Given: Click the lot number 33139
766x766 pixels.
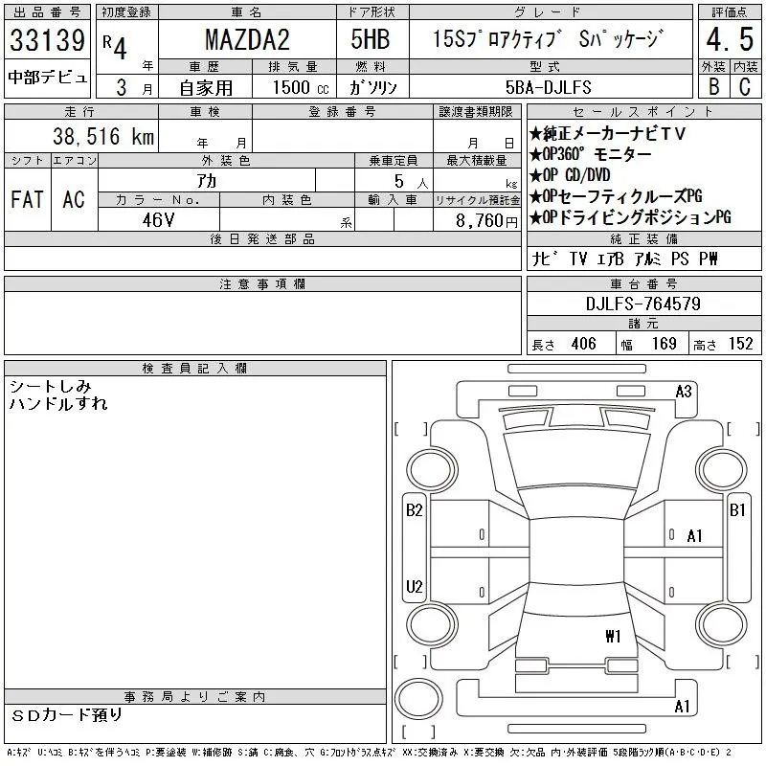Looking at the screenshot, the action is (x=47, y=40).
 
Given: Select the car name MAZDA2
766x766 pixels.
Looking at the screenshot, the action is (x=247, y=39).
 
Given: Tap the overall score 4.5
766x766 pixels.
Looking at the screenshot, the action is (x=730, y=39).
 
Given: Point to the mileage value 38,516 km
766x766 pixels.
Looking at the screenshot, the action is (x=103, y=136).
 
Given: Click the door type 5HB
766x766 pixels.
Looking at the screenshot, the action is (x=371, y=39).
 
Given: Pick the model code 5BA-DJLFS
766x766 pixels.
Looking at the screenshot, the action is (x=548, y=87).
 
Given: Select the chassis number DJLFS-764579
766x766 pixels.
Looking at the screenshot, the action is (x=642, y=304).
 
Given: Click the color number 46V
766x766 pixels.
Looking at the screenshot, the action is (x=158, y=220).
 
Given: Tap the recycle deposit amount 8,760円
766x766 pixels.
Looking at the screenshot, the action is (x=486, y=221).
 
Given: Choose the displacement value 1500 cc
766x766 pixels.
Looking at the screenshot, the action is (x=301, y=87).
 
